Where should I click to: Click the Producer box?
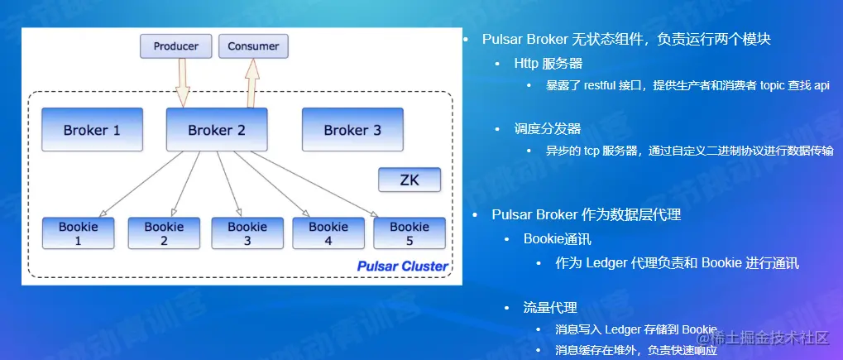(176, 46)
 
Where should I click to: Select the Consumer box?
(253, 46)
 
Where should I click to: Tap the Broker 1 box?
(92, 130)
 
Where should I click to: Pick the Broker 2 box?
(217, 130)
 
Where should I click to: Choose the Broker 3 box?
(352, 130)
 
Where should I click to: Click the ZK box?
(410, 180)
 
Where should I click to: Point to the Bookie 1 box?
(79, 233)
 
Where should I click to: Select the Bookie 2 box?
(164, 233)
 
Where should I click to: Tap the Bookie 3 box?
(247, 233)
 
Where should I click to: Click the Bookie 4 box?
(328, 233)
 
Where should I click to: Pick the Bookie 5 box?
(410, 233)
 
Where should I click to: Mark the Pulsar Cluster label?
(402, 266)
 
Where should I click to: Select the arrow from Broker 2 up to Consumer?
(251, 84)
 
